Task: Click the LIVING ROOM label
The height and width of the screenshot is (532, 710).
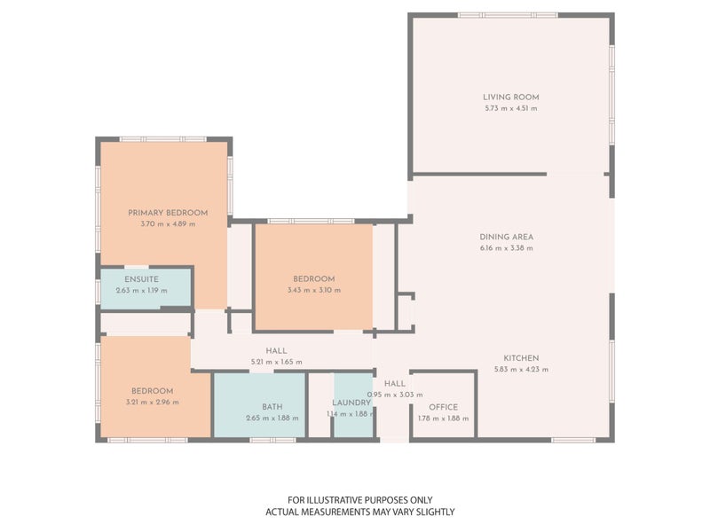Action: click(511, 98)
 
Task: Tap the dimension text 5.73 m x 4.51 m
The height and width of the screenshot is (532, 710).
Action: click(511, 108)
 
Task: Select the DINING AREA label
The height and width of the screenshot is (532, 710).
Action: click(506, 237)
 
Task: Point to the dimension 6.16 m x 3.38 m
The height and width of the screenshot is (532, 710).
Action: click(506, 248)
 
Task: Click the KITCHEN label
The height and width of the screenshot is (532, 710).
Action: click(521, 358)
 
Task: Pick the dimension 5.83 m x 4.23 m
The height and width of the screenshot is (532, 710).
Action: click(521, 370)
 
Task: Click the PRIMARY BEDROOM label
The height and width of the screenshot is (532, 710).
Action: click(168, 213)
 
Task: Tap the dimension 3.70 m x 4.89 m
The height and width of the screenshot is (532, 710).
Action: click(168, 224)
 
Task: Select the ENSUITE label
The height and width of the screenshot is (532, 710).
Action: click(141, 279)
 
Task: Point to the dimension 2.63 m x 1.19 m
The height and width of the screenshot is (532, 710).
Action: click(141, 291)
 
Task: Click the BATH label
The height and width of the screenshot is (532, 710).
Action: click(272, 407)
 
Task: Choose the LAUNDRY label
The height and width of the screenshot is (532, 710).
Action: click(351, 403)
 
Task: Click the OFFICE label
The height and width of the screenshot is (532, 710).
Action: click(443, 407)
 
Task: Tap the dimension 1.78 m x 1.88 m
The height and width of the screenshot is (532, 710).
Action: click(443, 419)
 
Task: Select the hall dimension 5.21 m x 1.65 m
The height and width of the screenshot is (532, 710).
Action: click(276, 363)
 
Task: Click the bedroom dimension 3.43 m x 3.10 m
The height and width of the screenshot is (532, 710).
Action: click(314, 291)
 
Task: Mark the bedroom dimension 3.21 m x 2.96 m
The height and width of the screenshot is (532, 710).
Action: click(152, 403)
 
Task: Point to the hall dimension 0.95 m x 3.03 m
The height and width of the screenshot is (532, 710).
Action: click(395, 395)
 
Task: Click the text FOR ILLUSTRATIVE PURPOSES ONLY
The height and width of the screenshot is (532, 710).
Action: click(360, 500)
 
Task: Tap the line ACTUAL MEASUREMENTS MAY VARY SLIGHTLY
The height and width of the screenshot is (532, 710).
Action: click(360, 512)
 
